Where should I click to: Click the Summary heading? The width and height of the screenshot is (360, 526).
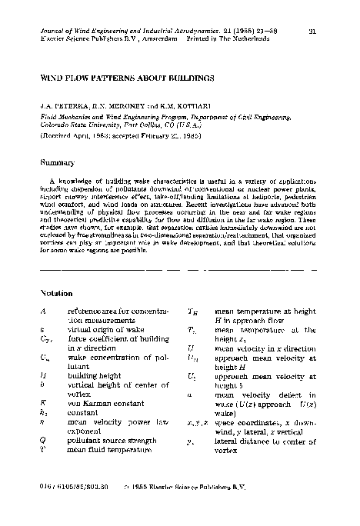(57, 162)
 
